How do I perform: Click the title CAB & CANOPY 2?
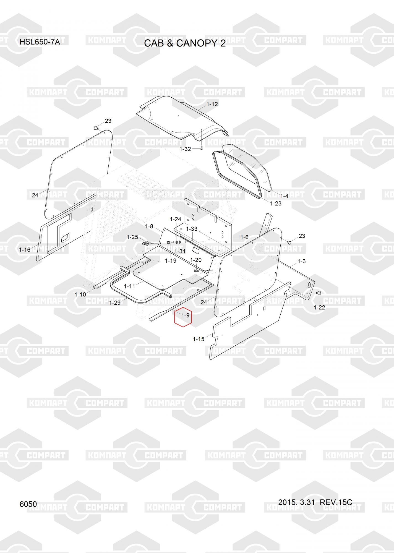pos(185,43)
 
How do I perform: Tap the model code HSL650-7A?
pos(40,42)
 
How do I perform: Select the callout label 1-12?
pos(212,104)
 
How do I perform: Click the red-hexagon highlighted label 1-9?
pos(186,315)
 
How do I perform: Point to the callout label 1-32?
pos(185,149)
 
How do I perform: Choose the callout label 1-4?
pos(284,196)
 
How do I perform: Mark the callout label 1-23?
pos(276,204)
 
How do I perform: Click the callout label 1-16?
pos(25,250)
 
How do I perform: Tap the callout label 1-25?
pos(132,237)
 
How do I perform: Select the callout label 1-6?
pos(244,237)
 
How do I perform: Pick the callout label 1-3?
pos(302,261)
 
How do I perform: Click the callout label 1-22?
pos(319,307)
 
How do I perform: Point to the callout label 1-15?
pos(199,339)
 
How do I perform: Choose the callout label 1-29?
pos(115,303)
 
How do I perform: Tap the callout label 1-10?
pos(80,295)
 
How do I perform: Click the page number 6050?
pos(28,504)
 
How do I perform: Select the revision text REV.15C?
pos(336,502)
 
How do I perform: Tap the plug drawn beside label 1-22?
pos(318,293)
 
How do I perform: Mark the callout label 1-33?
pos(192,229)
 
